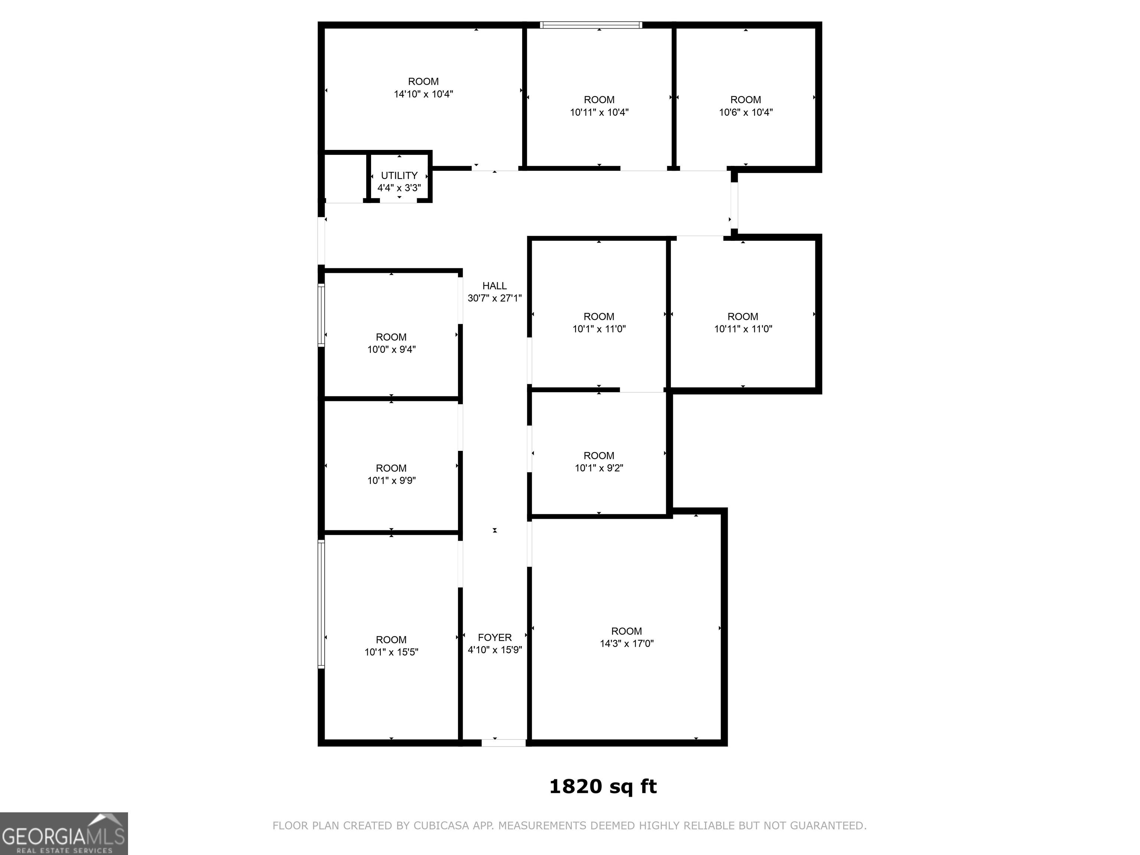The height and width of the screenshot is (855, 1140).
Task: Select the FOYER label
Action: pyautogui.click(x=494, y=638)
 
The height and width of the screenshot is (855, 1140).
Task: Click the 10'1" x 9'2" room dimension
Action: pyautogui.click(x=599, y=468)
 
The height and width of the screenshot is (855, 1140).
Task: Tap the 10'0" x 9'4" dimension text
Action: pyautogui.click(x=391, y=350)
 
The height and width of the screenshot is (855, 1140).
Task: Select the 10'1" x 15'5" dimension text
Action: pyautogui.click(x=391, y=652)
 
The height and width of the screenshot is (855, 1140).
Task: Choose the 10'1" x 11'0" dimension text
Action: pyautogui.click(x=599, y=329)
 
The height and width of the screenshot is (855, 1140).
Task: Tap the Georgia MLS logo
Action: pyautogui.click(x=64, y=833)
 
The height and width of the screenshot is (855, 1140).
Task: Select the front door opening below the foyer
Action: pyautogui.click(x=504, y=743)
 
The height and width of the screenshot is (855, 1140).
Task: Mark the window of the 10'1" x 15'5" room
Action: pyautogui.click(x=321, y=604)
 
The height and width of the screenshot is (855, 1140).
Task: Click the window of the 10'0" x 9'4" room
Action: pyautogui.click(x=321, y=315)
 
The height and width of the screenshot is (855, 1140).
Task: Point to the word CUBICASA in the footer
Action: pyautogui.click(x=440, y=826)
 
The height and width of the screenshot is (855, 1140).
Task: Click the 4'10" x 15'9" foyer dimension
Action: pyautogui.click(x=494, y=650)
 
